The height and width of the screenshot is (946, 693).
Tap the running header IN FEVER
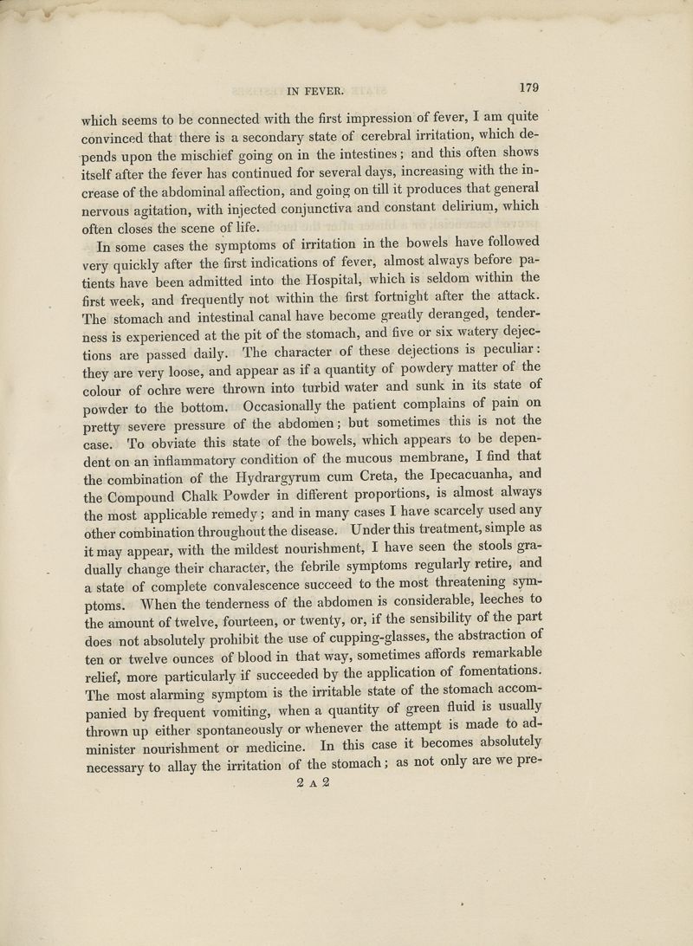[314, 87]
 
